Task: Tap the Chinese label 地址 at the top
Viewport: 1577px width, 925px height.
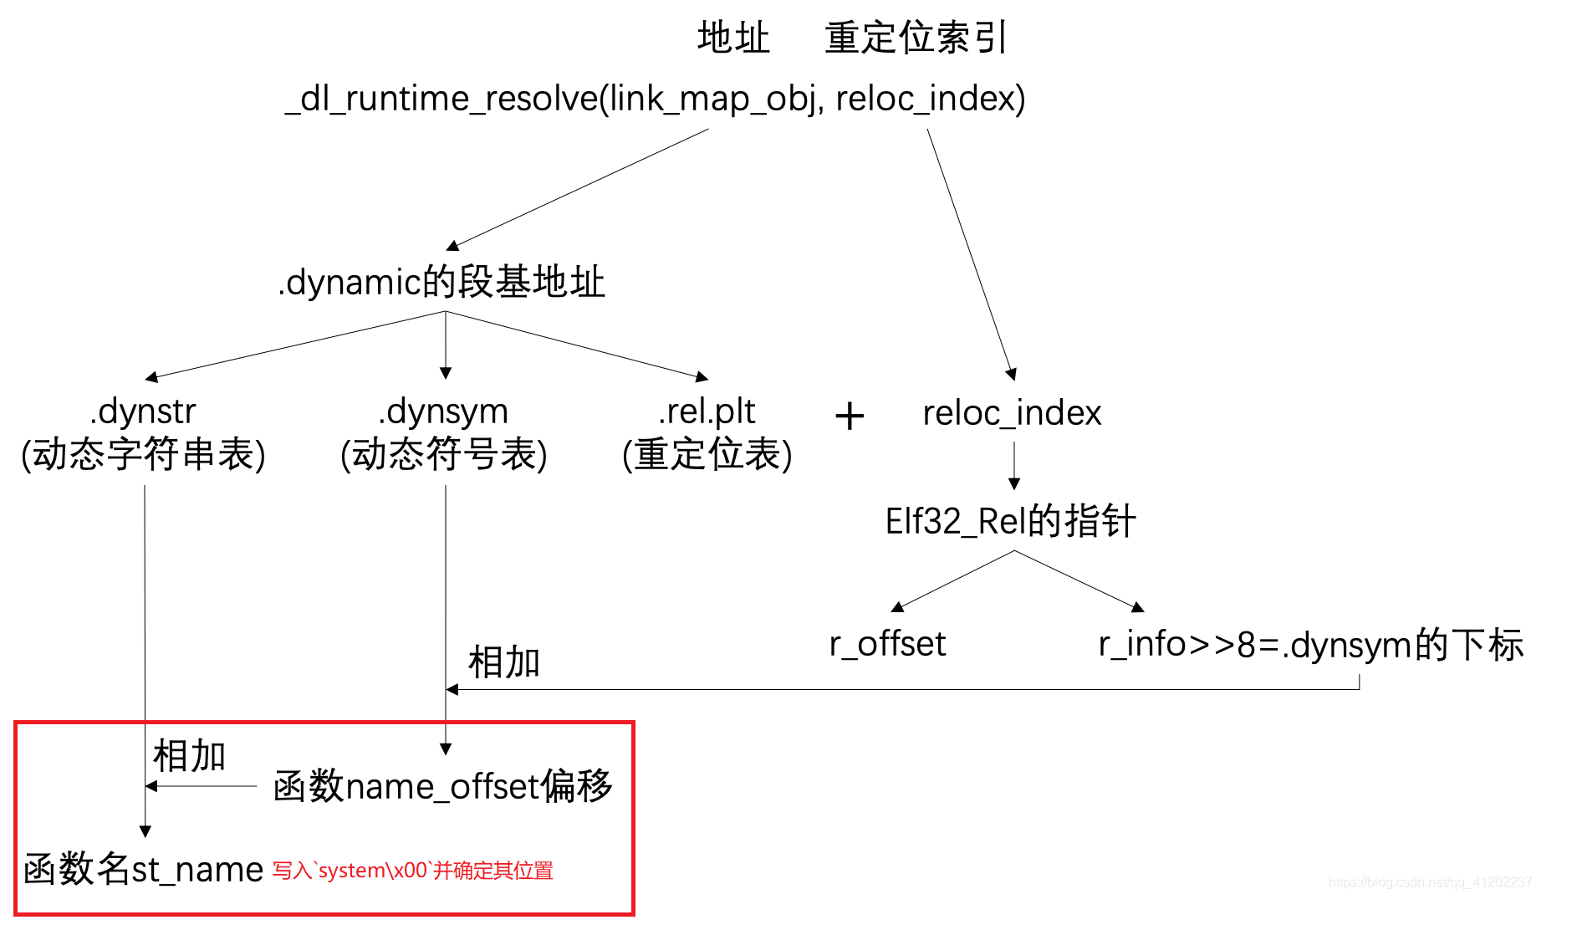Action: point(733,38)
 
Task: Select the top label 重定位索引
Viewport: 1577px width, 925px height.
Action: point(916,38)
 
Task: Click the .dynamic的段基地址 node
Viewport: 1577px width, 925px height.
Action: point(441,282)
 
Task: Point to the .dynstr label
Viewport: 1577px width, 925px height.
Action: point(143,411)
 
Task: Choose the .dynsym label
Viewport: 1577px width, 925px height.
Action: point(443,411)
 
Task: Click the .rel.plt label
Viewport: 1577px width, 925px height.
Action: point(707,411)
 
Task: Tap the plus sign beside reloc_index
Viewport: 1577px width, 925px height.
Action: point(850,416)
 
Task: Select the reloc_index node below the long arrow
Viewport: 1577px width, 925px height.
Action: point(1012,413)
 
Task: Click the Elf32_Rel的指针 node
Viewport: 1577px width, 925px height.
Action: point(1010,521)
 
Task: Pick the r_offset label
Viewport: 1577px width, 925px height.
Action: point(887,644)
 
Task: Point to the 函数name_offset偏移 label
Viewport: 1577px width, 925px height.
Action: point(443,786)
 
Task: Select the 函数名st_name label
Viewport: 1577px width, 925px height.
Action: point(144,870)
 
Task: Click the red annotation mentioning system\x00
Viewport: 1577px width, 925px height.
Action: point(413,871)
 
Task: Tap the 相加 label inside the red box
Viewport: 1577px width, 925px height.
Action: point(190,756)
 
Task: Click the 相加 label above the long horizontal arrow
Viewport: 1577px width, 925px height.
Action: point(504,662)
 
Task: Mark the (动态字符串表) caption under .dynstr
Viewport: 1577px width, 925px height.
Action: point(143,454)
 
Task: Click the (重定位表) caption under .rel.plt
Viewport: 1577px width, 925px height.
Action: point(707,454)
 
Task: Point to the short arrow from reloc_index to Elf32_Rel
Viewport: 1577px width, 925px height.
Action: point(1014,466)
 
